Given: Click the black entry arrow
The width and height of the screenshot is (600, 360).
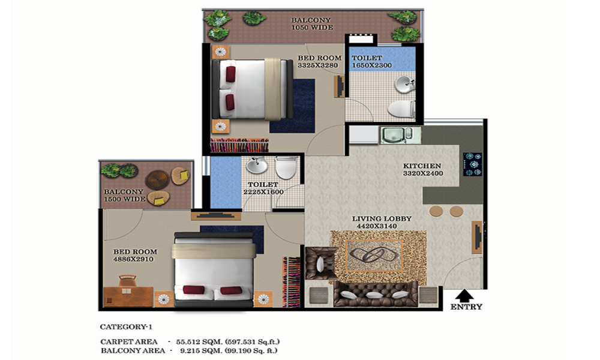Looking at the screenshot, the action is (464, 296).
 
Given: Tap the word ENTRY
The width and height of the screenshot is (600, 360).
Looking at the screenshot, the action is (466, 307).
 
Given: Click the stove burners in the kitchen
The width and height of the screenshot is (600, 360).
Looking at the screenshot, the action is (473, 164).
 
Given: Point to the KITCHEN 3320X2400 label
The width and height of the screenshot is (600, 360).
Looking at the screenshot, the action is (422, 169).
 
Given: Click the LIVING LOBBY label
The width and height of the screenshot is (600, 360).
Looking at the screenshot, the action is (382, 219).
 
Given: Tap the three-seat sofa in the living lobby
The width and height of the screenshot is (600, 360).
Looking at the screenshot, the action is (375, 293).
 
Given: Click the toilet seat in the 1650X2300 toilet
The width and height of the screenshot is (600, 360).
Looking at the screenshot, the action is (401, 109).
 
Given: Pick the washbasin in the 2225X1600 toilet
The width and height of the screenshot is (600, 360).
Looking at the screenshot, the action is (257, 165).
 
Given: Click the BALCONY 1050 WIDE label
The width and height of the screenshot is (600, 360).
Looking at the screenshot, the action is (312, 24).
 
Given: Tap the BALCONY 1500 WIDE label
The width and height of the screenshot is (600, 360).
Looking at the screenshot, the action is (124, 195).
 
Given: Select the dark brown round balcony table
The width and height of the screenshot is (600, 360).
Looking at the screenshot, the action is (157, 179).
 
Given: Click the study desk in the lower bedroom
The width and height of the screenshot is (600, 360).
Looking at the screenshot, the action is (128, 297).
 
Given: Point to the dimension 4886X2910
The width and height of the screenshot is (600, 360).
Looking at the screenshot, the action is (133, 259).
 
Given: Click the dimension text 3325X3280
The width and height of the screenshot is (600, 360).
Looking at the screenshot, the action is (317, 65).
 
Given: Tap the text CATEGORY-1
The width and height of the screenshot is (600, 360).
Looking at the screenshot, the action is (126, 327).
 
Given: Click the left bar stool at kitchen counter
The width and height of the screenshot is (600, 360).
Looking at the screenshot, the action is (436, 211).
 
